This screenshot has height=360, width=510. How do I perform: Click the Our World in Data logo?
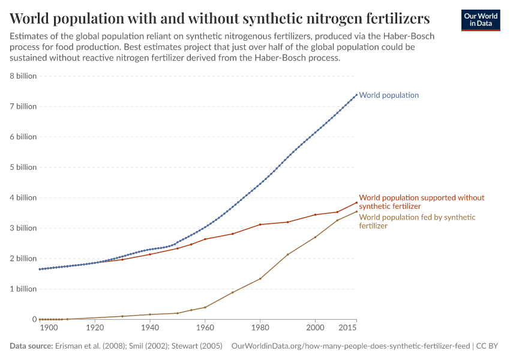click(x=480, y=20)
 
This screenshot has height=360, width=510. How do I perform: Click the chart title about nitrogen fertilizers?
click(x=220, y=17)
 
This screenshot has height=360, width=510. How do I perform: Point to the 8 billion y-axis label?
click(x=22, y=76)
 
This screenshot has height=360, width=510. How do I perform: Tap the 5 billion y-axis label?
click(x=22, y=167)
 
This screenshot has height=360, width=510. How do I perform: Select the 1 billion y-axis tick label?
click(x=22, y=289)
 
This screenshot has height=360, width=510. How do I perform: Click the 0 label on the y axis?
click(x=34, y=319)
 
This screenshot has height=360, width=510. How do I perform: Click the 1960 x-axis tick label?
click(x=205, y=329)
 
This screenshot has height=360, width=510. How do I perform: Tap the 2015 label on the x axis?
click(x=347, y=329)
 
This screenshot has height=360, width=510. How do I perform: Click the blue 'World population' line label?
click(x=389, y=95)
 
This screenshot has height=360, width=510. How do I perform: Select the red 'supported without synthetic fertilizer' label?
click(x=421, y=202)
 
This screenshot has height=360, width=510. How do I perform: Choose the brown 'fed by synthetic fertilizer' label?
click(x=417, y=221)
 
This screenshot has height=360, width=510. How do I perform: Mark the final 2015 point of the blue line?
click(x=356, y=94)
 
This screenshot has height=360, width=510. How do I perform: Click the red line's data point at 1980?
click(x=260, y=224)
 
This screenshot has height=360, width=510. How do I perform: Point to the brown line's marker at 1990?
click(x=288, y=254)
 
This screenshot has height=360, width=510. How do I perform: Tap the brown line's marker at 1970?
click(x=233, y=292)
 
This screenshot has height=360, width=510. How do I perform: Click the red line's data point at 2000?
click(x=316, y=215)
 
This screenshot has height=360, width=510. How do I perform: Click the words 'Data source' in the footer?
click(x=31, y=346)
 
